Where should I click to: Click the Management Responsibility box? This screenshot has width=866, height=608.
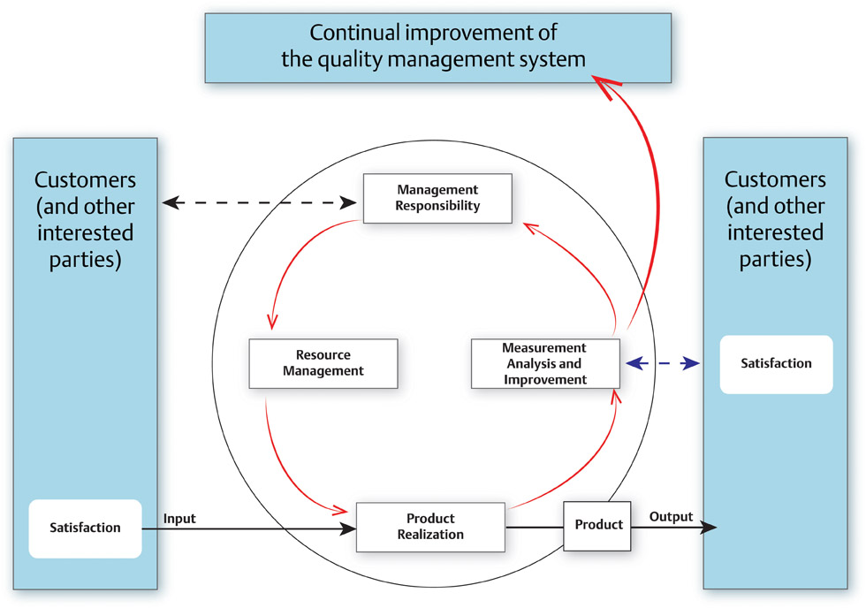click(437, 198)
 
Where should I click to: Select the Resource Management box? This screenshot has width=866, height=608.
click(323, 363)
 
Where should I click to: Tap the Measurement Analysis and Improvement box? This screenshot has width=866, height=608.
click(545, 363)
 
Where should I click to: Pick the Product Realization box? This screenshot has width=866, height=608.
click(430, 527)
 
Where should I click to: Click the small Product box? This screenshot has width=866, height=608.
click(597, 526)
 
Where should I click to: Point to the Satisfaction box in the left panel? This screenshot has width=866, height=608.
click(85, 528)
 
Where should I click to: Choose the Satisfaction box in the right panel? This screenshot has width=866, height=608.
click(776, 364)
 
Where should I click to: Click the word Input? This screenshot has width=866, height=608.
click(179, 519)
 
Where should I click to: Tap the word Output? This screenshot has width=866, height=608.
click(671, 517)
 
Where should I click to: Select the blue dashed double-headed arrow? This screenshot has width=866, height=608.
click(663, 363)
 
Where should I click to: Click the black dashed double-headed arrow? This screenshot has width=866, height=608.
click(260, 202)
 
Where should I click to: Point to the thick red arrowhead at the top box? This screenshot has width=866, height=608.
click(606, 87)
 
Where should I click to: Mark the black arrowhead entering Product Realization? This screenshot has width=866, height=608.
click(347, 529)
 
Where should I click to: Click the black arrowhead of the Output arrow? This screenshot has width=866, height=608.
click(709, 528)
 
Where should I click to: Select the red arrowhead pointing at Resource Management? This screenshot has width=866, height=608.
click(272, 322)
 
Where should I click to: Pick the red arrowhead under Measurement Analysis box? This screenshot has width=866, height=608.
click(616, 396)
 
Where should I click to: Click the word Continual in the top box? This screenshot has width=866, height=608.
click(354, 33)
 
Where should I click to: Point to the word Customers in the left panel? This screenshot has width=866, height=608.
click(85, 180)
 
